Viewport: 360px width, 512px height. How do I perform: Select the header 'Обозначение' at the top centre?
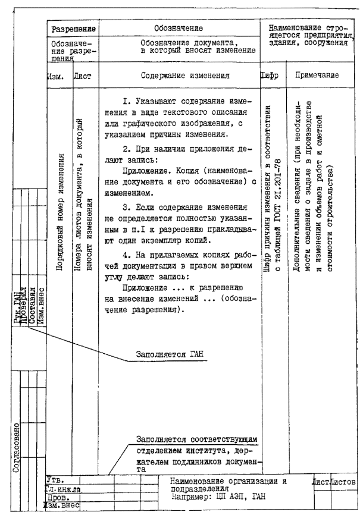183,28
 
